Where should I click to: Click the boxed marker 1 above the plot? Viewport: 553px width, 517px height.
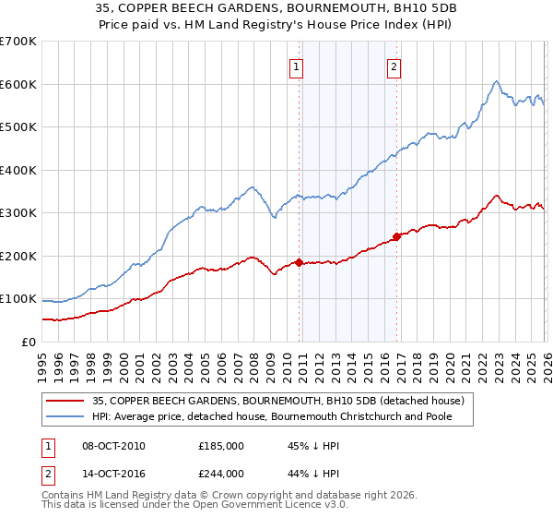[x=297, y=66]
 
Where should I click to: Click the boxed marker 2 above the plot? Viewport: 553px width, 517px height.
[x=394, y=66]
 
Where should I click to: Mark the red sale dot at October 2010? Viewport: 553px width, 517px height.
[x=299, y=262]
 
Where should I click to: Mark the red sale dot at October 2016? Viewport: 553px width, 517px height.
[x=396, y=236]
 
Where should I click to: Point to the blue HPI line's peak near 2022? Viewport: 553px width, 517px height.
[x=496, y=81]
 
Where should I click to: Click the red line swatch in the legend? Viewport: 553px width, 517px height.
[x=66, y=400]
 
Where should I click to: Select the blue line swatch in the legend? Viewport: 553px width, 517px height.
[x=66, y=416]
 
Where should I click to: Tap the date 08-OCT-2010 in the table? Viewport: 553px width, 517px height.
[x=112, y=446]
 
